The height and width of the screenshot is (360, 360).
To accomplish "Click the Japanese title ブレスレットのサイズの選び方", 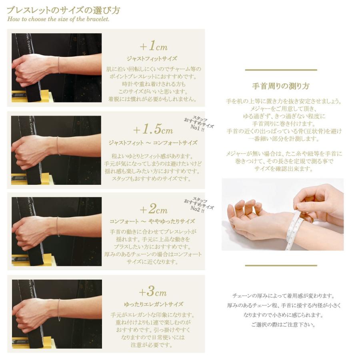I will [x=63, y=10].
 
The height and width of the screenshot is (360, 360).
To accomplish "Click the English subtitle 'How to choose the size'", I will [x=58, y=19].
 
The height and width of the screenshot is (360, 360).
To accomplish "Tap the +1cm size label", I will [x=154, y=46].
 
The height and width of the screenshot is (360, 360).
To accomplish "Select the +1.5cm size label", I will [x=153, y=130].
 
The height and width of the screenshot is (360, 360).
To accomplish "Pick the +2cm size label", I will [x=153, y=210].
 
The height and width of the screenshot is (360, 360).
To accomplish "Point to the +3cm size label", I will [x=153, y=292].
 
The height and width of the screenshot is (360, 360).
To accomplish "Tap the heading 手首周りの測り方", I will [x=281, y=86].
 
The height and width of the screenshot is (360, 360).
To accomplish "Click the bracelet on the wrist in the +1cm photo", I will [x=59, y=65].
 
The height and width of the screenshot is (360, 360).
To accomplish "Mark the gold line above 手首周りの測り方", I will [x=281, y=70].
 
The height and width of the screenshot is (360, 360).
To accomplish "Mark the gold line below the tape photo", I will [x=281, y=265].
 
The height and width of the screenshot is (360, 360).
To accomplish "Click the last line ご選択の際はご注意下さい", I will [x=283, y=325].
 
